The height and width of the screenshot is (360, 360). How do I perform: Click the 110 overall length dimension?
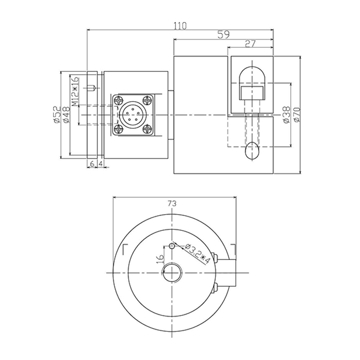coord(180,26)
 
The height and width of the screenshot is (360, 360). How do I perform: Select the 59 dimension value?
coord(223,35)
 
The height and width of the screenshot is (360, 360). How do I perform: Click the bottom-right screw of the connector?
coord(148,130)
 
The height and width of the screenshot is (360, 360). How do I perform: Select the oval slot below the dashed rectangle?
coord(252,150)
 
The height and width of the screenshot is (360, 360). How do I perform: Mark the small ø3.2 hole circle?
coord(172,246)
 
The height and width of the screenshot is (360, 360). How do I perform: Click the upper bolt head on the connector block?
coord(217,259)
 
